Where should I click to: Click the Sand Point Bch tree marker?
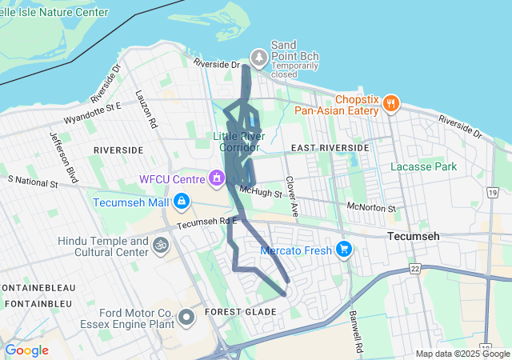(x=258, y=57)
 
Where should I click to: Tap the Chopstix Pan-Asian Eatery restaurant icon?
(x=391, y=102)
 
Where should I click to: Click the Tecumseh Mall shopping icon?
(x=182, y=201)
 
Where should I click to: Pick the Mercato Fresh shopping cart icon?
(x=344, y=250)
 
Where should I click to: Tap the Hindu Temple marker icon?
(x=160, y=246)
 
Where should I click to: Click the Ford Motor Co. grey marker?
(x=187, y=318)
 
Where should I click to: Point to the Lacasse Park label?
(x=423, y=167)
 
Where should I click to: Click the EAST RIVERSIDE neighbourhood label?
(x=330, y=148)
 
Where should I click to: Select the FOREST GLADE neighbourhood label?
(x=233, y=311)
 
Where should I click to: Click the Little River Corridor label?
(x=237, y=142)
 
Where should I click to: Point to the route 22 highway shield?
(x=414, y=269)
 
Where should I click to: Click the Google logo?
(x=26, y=350)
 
